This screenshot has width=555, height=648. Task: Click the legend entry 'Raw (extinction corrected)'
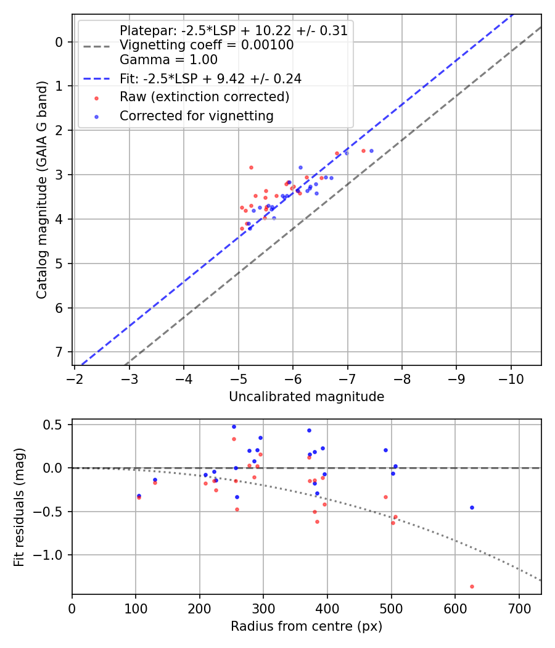(x=204, y=97)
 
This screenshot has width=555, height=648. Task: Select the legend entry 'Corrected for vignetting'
(x=196, y=115)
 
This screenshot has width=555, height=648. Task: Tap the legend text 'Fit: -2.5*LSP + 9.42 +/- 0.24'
(x=210, y=78)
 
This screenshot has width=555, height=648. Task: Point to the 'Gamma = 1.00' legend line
(x=168, y=60)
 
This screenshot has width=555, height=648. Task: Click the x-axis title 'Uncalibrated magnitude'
(x=306, y=397)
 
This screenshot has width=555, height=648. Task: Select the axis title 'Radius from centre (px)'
(x=306, y=626)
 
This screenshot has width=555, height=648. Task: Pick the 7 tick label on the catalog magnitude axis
(x=60, y=352)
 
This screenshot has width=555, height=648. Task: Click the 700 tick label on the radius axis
(x=519, y=608)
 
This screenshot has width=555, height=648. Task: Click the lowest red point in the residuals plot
(x=472, y=586)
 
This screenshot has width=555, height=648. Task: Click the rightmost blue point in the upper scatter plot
(x=371, y=151)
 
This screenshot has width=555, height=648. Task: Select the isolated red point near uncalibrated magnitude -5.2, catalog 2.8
(x=251, y=167)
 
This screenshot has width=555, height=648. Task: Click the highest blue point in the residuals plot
(x=234, y=426)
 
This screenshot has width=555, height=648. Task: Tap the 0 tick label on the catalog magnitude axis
(x=60, y=42)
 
